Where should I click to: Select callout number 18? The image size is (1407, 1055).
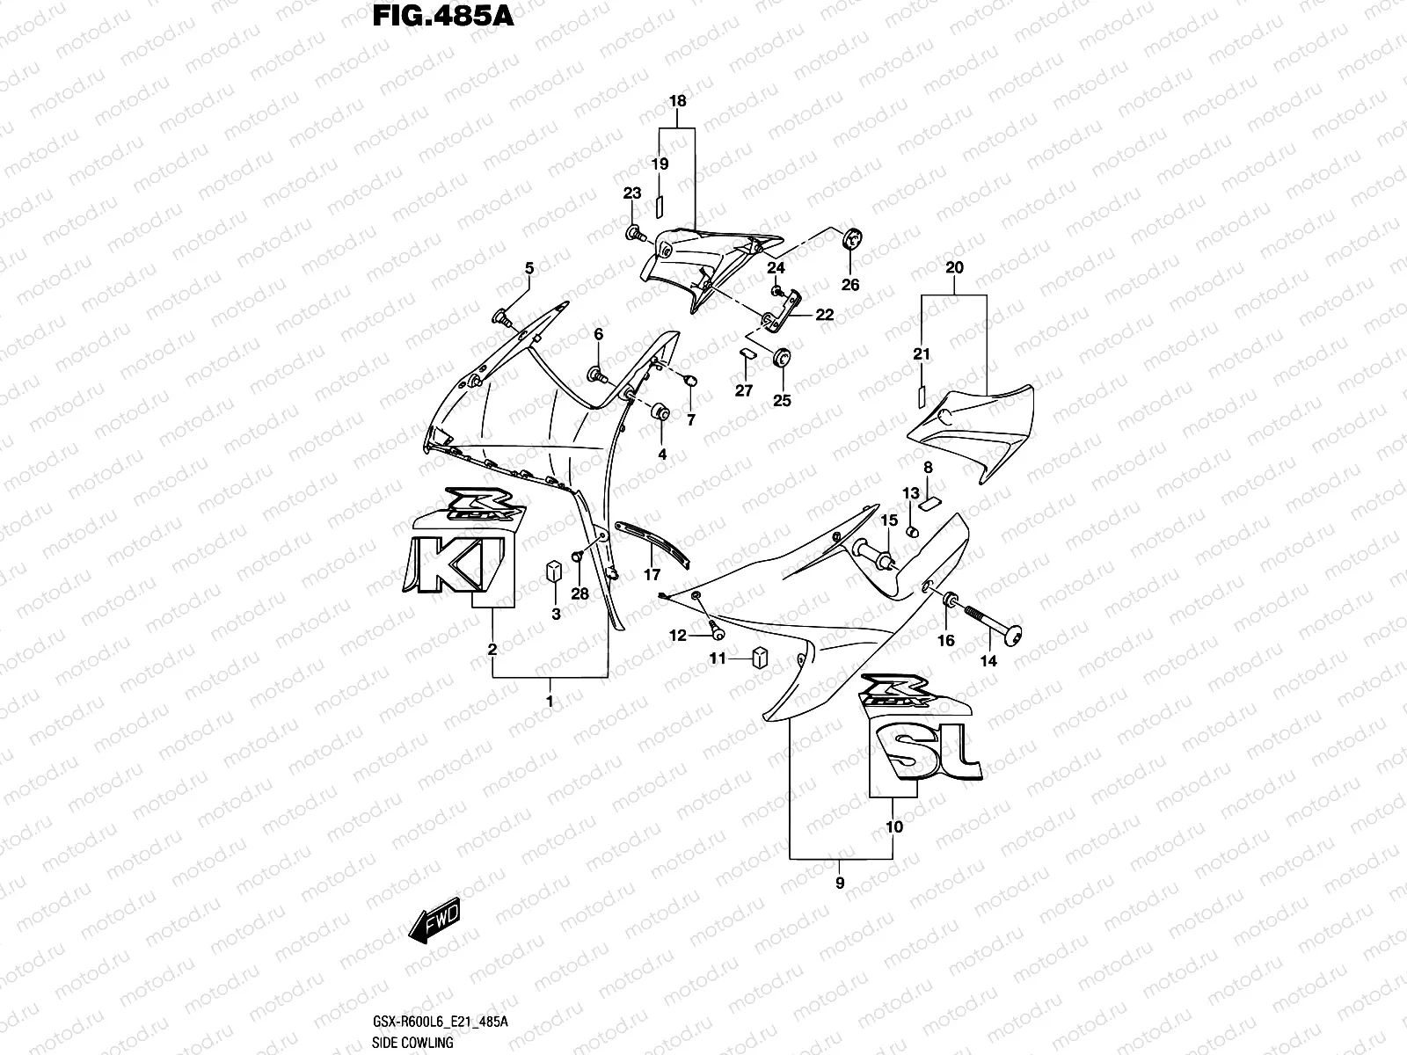click(x=677, y=101)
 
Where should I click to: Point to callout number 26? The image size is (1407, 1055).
click(x=850, y=285)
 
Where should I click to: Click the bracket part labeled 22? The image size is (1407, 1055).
click(x=781, y=312)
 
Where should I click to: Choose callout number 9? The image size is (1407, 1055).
click(x=840, y=883)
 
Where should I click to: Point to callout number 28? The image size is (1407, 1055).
click(x=580, y=594)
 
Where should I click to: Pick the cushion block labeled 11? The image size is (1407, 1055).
click(x=760, y=658)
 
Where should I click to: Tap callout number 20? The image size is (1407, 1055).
click(x=954, y=267)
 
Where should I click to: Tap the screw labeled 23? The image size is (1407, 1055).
click(x=634, y=234)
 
